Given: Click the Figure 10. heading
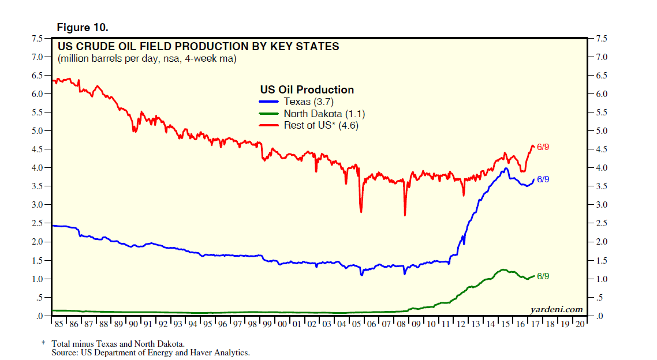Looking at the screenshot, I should click(x=81, y=28).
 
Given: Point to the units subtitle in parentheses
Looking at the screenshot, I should click(x=147, y=59).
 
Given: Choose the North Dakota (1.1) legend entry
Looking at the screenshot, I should click(x=324, y=114).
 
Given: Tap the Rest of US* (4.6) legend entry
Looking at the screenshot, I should click(x=320, y=125).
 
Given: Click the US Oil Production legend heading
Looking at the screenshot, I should click(x=307, y=90).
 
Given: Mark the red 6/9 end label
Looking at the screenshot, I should click(x=543, y=147).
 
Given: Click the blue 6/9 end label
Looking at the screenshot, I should click(x=543, y=179).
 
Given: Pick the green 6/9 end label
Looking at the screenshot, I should click(x=543, y=276).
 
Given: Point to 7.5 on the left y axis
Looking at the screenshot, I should click(x=36, y=39).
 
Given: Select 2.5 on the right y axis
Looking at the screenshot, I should click(x=600, y=224).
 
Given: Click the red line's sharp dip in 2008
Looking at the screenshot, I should click(x=405, y=215).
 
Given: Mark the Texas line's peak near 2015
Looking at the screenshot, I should click(x=506, y=168).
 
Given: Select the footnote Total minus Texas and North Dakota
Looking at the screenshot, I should click(x=126, y=343).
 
